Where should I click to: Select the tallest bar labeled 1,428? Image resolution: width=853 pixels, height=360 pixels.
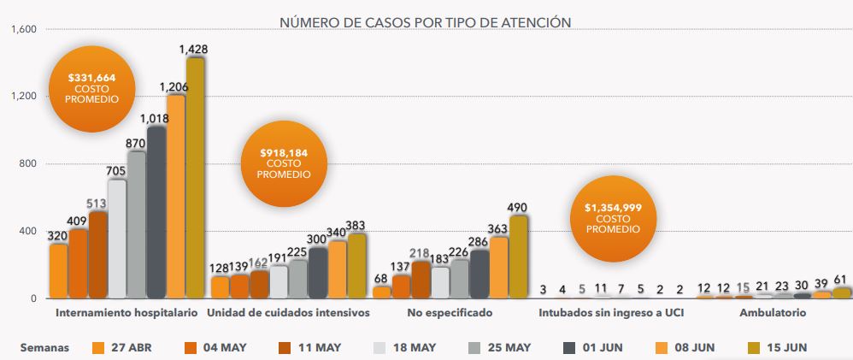coord(195,178)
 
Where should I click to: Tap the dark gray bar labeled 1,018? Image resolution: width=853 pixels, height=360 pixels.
coord(156,212)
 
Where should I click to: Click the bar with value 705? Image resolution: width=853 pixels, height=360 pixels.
coord(117,239)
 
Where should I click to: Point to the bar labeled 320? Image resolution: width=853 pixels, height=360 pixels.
coord(58,271)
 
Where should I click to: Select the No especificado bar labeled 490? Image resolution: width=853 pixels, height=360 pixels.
coord(518,257)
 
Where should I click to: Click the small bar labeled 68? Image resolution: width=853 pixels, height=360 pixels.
coord(381,292)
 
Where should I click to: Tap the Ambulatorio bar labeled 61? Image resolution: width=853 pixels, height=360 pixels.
coord(842,292)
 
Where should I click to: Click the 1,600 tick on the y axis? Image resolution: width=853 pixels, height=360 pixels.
coord(24,30)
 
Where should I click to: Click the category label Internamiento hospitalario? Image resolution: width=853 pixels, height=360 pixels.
coord(126,313)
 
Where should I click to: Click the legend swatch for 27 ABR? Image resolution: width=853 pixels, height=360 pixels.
coord(98,347)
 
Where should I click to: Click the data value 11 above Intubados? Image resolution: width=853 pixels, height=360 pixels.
coord(601,289)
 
